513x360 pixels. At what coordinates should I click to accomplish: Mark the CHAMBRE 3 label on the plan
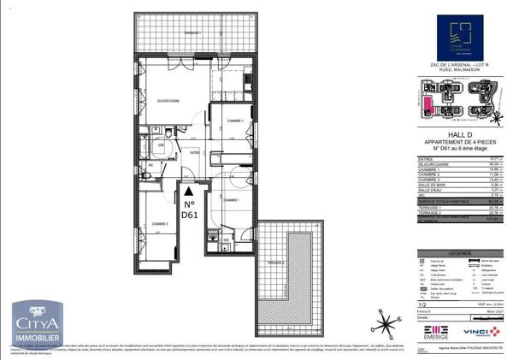coord(160,223)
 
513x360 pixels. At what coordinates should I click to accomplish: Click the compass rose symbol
coord(388,324)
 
